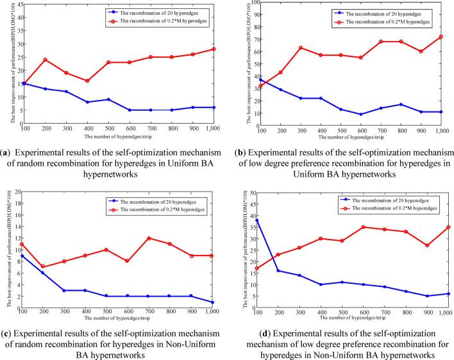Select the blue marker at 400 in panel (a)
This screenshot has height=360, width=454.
(87, 102)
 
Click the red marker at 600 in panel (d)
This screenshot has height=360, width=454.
(363, 227)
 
